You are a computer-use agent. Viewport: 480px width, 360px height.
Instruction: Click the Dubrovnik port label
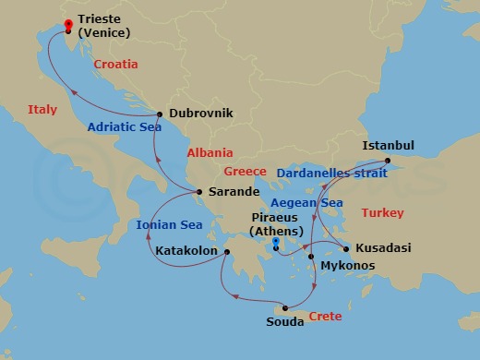click(x=201, y=114)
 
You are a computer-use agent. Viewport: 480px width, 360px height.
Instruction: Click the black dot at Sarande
click(x=199, y=193)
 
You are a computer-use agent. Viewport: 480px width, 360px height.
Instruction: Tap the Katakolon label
click(x=186, y=250)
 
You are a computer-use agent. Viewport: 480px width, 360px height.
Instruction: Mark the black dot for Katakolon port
click(x=224, y=250)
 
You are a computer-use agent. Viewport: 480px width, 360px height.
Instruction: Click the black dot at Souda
click(x=286, y=308)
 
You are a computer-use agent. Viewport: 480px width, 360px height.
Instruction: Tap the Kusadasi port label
click(x=382, y=248)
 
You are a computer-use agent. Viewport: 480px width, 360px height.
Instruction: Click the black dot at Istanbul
click(x=388, y=161)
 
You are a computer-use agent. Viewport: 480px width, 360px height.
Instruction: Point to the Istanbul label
click(x=389, y=146)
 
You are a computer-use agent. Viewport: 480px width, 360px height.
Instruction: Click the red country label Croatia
click(x=115, y=65)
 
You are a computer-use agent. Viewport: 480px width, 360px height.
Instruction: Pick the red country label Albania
click(x=210, y=153)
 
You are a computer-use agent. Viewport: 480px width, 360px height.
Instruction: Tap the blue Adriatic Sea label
click(x=125, y=128)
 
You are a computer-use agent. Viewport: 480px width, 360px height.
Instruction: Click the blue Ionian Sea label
click(x=169, y=224)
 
